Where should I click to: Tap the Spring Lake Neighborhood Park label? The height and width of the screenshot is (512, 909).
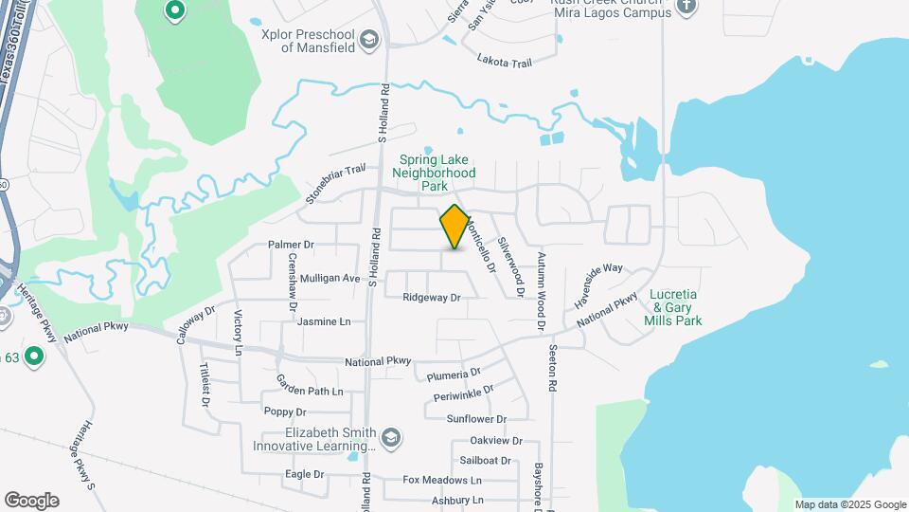[435, 174]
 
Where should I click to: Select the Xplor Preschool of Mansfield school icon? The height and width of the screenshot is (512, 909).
[368, 39]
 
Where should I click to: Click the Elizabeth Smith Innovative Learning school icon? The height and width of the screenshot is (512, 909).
[391, 438]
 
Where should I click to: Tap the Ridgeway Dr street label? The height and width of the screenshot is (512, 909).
[431, 298]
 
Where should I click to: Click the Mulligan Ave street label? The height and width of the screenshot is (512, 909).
[330, 278]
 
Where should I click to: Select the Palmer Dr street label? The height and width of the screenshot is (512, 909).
[291, 245]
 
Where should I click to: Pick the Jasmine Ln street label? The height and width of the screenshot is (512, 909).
[323, 321]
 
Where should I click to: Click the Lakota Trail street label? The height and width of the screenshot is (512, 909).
[505, 59]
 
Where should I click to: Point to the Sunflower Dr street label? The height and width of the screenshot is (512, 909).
[476, 419]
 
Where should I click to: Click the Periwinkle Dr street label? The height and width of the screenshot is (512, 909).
[463, 393]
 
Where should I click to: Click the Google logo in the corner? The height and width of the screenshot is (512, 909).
[31, 501]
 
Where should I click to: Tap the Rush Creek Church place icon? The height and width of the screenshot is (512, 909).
[687, 9]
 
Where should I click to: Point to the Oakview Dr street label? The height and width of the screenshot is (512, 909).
[496, 441]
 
